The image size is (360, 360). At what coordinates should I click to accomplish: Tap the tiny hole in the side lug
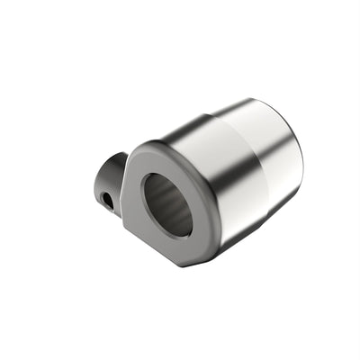[108, 199]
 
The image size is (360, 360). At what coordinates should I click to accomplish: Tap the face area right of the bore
[204, 207]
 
